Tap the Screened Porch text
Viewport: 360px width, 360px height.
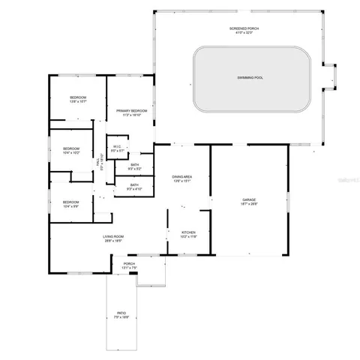[x=243, y=28]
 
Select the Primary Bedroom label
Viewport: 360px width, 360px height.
[x=130, y=111]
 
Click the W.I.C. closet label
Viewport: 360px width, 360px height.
[x=117, y=146]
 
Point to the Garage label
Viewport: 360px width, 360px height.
[x=248, y=199]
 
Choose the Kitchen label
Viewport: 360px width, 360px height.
[x=188, y=232]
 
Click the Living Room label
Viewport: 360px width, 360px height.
[x=113, y=237]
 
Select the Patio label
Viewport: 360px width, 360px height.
[x=121, y=313]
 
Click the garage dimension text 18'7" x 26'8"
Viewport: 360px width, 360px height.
[x=248, y=203]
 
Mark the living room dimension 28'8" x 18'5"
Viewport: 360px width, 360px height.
[x=113, y=241]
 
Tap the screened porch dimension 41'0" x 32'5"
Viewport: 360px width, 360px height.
[x=243, y=32]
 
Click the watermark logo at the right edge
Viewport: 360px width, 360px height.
[x=351, y=180]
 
